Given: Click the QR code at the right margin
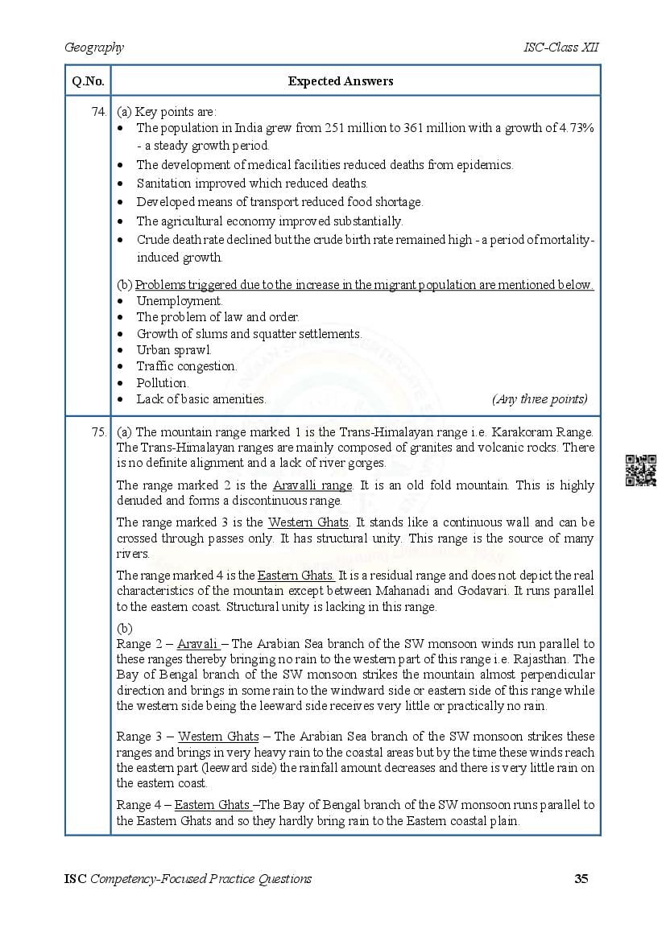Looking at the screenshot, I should [x=640, y=471].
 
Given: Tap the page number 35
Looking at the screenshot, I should [x=581, y=879].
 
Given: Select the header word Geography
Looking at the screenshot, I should [x=94, y=47].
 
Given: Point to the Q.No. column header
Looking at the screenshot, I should [x=87, y=81].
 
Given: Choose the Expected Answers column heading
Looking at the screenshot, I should [x=341, y=81].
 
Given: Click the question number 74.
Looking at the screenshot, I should [x=99, y=112].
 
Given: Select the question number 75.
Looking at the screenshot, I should [x=99, y=432].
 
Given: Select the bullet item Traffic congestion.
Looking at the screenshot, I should [x=187, y=366].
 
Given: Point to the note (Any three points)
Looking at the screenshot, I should [x=539, y=399].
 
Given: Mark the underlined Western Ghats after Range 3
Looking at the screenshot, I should [x=218, y=737].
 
